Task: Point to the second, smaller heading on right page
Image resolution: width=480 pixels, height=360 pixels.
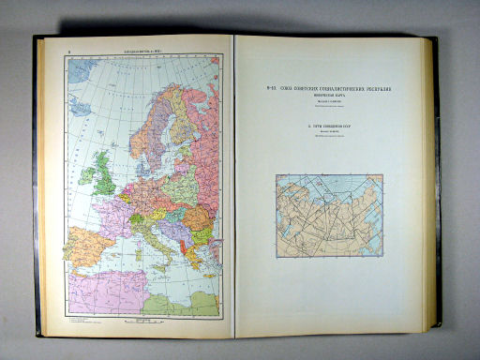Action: [x=334, y=125]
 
